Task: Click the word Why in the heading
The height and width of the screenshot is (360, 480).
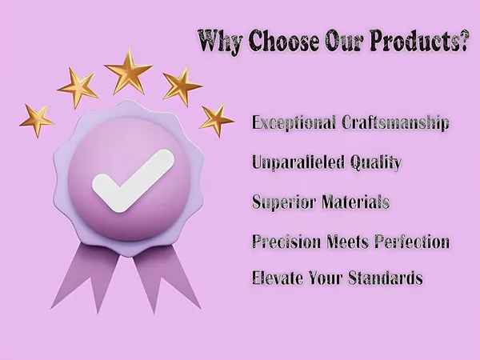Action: click(x=221, y=42)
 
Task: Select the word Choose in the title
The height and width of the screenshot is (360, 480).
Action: click(x=283, y=41)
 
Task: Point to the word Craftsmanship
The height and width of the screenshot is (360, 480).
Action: click(x=395, y=122)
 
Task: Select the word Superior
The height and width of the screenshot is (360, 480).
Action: click(x=284, y=202)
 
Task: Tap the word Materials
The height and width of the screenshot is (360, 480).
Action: click(x=356, y=202)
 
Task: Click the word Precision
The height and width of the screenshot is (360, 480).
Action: click(x=286, y=242)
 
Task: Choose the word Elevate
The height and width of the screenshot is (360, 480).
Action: click(x=278, y=278)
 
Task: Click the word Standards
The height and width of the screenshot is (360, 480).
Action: click(x=386, y=278)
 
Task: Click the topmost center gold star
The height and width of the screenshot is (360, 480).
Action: click(x=129, y=71)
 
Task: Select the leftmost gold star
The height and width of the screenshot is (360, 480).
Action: click(x=37, y=121)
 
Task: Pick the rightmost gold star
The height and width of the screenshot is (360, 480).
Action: click(x=217, y=120)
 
